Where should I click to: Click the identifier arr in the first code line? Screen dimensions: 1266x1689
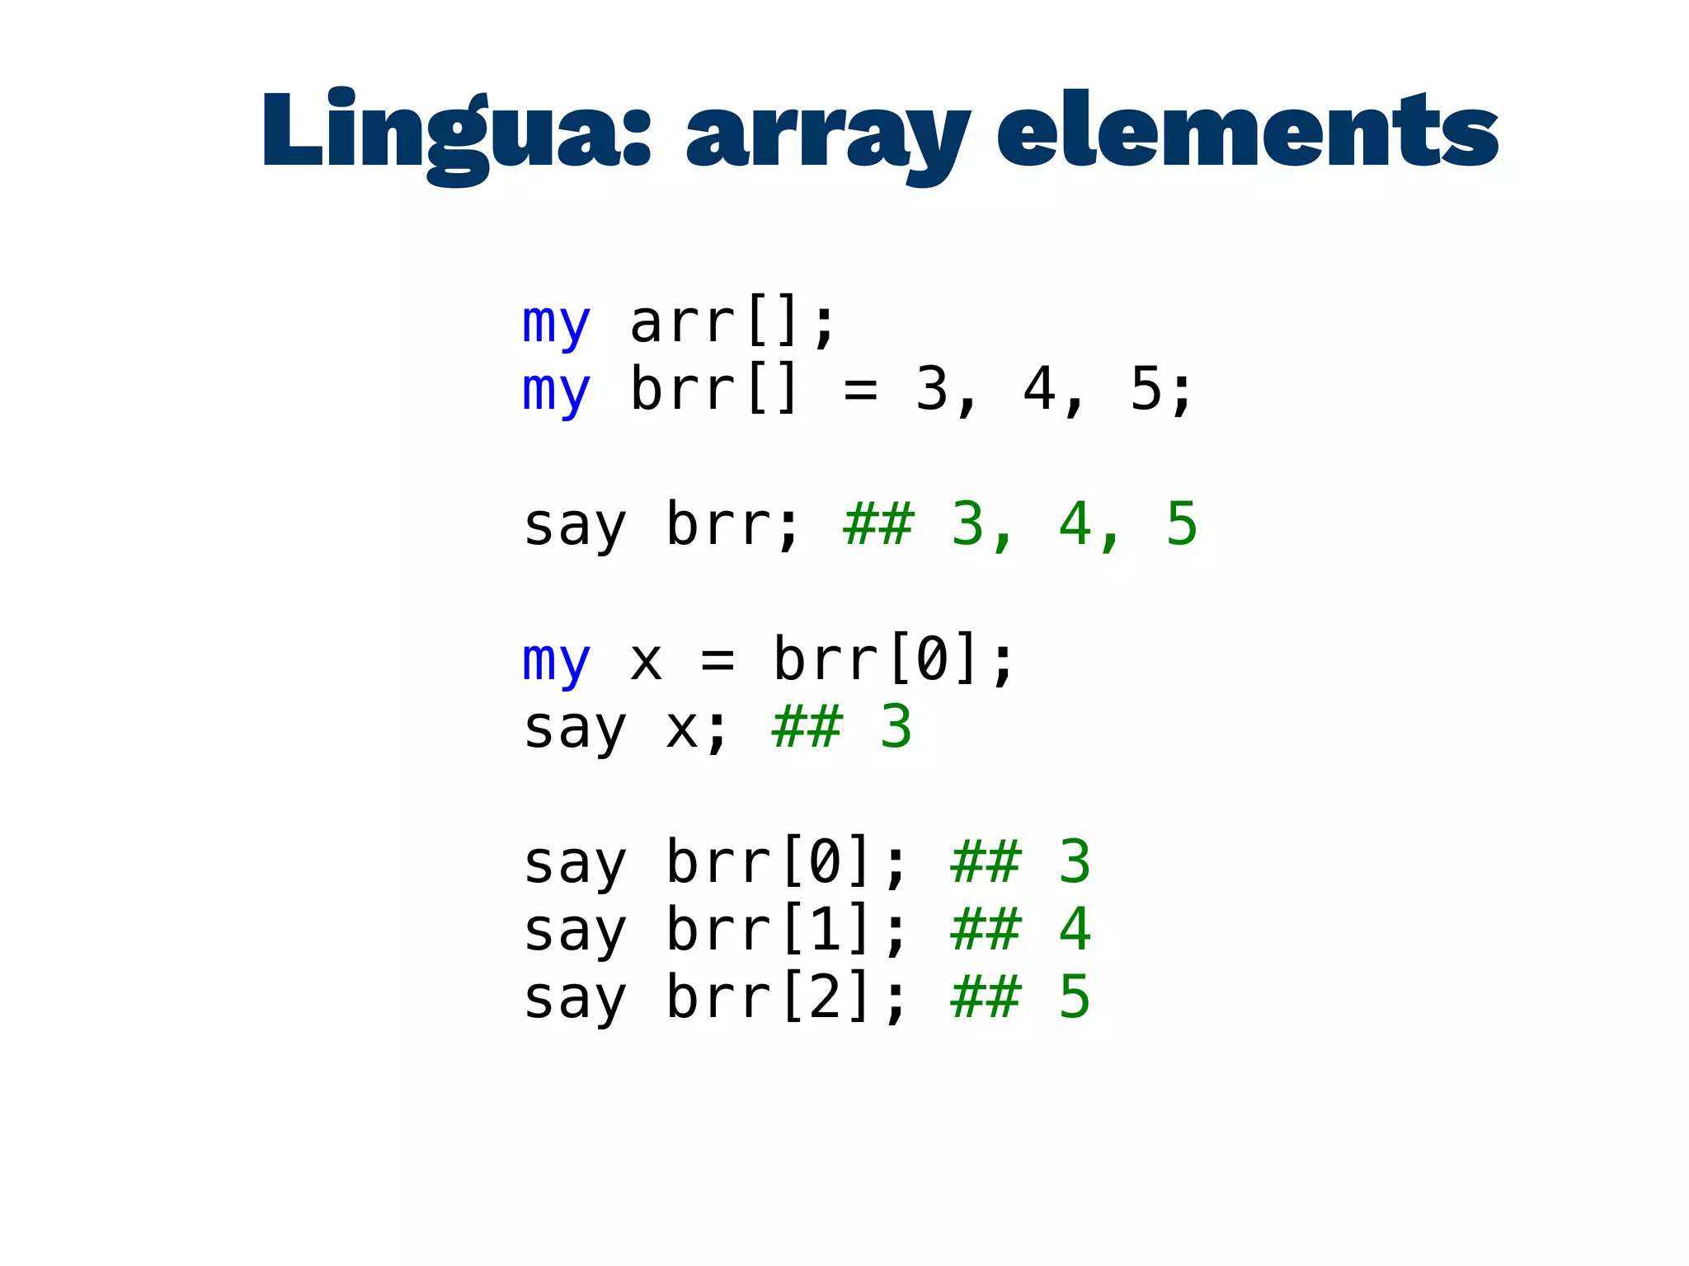682,323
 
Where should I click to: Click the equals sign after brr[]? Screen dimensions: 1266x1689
860,391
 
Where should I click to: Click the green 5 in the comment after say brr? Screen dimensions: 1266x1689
1182,524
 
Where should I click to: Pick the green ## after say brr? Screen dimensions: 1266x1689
878,524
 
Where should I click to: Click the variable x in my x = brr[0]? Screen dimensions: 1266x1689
646,661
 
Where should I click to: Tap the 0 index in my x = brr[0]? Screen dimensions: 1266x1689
932,659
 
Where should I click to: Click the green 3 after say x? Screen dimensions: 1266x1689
896,727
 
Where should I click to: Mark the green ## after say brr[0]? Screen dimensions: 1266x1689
986,862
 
